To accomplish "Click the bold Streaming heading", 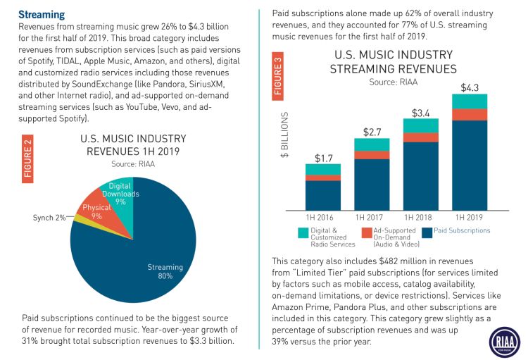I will pos(42,14).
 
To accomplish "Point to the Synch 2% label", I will pos(49,218).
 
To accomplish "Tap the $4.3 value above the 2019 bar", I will pos(470,87).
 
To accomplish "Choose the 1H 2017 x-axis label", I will pos(372,216).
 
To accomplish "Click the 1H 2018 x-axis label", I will pos(420,216).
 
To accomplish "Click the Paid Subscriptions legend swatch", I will pos(427,231).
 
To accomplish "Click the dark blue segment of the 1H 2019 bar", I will pos(470,166).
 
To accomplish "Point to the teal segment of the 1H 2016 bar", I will pos(323,169).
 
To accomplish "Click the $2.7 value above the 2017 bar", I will pos(372,132).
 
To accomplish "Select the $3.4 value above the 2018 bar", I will pos(420,112).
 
